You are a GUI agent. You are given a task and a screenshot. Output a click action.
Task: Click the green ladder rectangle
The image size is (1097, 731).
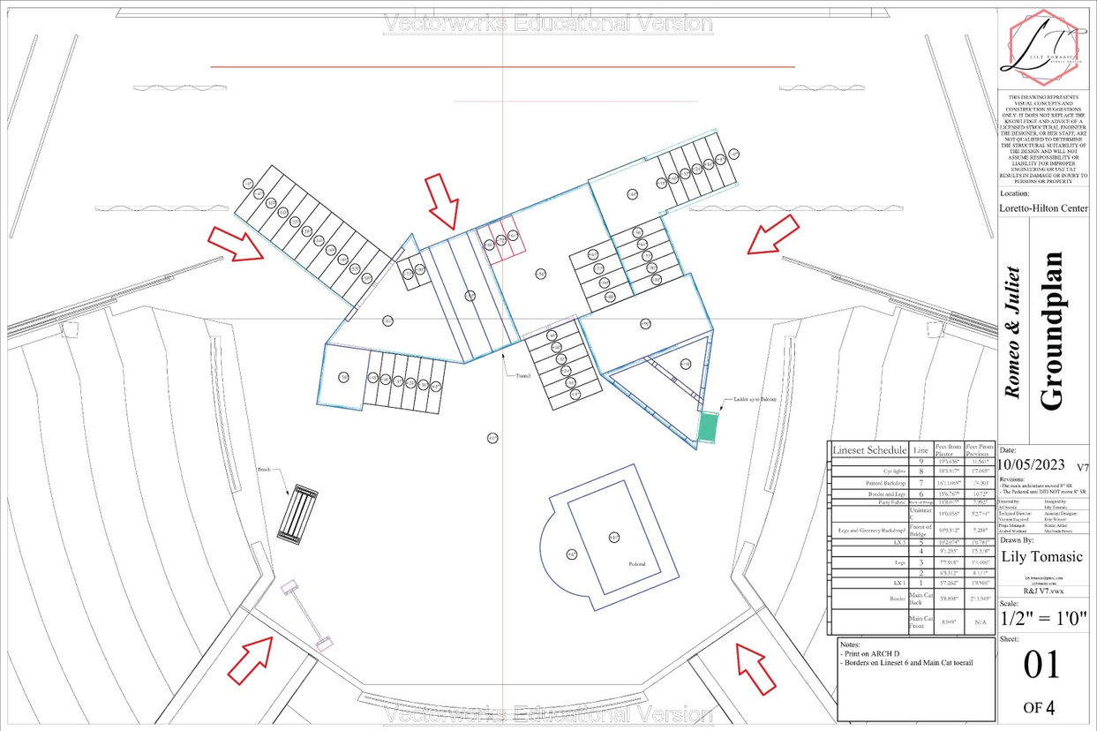pyautogui.click(x=708, y=427)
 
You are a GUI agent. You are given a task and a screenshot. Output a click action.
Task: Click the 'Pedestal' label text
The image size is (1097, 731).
pyautogui.click(x=636, y=564)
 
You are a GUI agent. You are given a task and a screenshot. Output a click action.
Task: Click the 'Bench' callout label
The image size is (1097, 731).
pyautogui.click(x=263, y=470)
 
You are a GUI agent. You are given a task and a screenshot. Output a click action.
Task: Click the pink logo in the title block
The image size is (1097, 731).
pyautogui.click(x=1043, y=44)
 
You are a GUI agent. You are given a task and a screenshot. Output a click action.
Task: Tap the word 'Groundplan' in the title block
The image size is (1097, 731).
pyautogui.click(x=1051, y=331)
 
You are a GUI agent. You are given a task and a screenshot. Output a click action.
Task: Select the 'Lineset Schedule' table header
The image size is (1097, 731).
pyautogui.click(x=868, y=450)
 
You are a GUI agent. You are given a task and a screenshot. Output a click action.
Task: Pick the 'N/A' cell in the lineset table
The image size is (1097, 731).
pyautogui.click(x=979, y=622)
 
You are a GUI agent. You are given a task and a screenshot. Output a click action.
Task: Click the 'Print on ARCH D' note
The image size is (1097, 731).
pyautogui.click(x=874, y=652)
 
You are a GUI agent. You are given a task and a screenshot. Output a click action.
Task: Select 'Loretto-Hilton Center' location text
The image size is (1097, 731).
pyautogui.click(x=1043, y=209)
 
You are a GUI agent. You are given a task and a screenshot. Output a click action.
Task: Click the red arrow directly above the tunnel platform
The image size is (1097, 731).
pyautogui.click(x=442, y=200)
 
